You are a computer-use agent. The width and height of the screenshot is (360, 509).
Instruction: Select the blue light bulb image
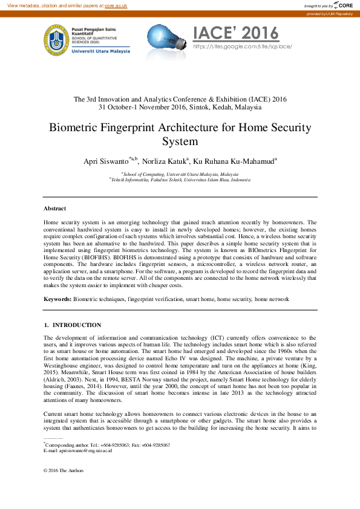point(167,39)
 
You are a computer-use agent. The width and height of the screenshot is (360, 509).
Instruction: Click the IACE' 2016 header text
point(235,33)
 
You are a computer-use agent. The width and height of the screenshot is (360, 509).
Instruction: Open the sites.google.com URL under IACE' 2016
point(242,46)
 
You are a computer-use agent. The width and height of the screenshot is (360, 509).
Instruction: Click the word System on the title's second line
point(180,142)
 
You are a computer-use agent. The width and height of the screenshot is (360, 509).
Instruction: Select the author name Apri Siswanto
point(106,161)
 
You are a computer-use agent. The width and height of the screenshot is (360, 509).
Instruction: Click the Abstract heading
point(54,209)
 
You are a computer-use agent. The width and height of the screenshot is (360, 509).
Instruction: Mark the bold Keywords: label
point(57,299)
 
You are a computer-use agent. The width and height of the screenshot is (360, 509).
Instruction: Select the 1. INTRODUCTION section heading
point(72,325)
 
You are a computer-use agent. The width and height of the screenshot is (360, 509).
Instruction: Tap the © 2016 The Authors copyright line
point(64,470)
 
